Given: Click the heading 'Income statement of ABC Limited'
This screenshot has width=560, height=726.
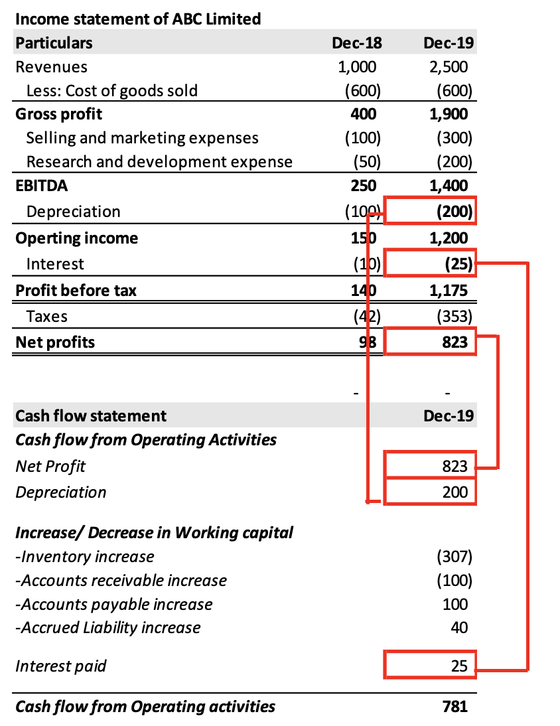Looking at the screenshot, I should pyautogui.click(x=137, y=19).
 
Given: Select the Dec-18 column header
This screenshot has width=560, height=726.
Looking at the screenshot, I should pyautogui.click(x=357, y=43).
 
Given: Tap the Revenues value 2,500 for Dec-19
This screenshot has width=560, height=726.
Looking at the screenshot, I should pyautogui.click(x=449, y=67).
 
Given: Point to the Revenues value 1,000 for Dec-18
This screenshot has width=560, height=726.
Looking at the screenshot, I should pyautogui.click(x=357, y=67).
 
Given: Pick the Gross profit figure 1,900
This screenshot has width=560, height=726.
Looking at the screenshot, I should pyautogui.click(x=449, y=114).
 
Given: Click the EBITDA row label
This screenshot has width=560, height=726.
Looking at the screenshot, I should pyautogui.click(x=41, y=186).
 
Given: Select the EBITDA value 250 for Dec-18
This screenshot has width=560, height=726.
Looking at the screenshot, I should pyautogui.click(x=363, y=186).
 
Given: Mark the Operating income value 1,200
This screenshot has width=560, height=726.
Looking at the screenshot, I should pyautogui.click(x=449, y=238).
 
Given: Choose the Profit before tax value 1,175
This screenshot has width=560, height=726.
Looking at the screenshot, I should pyautogui.click(x=449, y=291).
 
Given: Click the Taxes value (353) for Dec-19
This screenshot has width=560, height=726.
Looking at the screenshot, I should pyautogui.click(x=455, y=317).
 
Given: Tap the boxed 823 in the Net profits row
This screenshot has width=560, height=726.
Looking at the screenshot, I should pyautogui.click(x=455, y=342).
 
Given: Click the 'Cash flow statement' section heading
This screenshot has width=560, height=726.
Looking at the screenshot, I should pyautogui.click(x=91, y=416).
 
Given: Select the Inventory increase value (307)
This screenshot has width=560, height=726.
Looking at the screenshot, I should pyautogui.click(x=455, y=556).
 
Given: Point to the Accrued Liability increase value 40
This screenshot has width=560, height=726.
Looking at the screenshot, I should pyautogui.click(x=459, y=627).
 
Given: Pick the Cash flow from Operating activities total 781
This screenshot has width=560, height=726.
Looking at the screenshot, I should pyautogui.click(x=455, y=706).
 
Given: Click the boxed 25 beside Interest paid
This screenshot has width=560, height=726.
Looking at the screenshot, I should pyautogui.click(x=459, y=666).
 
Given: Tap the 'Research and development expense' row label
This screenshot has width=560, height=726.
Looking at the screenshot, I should pyautogui.click(x=159, y=162).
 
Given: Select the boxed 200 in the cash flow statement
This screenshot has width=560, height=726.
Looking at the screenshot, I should pyautogui.click(x=455, y=492).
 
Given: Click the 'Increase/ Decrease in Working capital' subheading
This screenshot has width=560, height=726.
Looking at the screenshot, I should pyautogui.click(x=154, y=532).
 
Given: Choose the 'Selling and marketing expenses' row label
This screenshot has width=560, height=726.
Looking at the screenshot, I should pyautogui.click(x=142, y=138).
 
